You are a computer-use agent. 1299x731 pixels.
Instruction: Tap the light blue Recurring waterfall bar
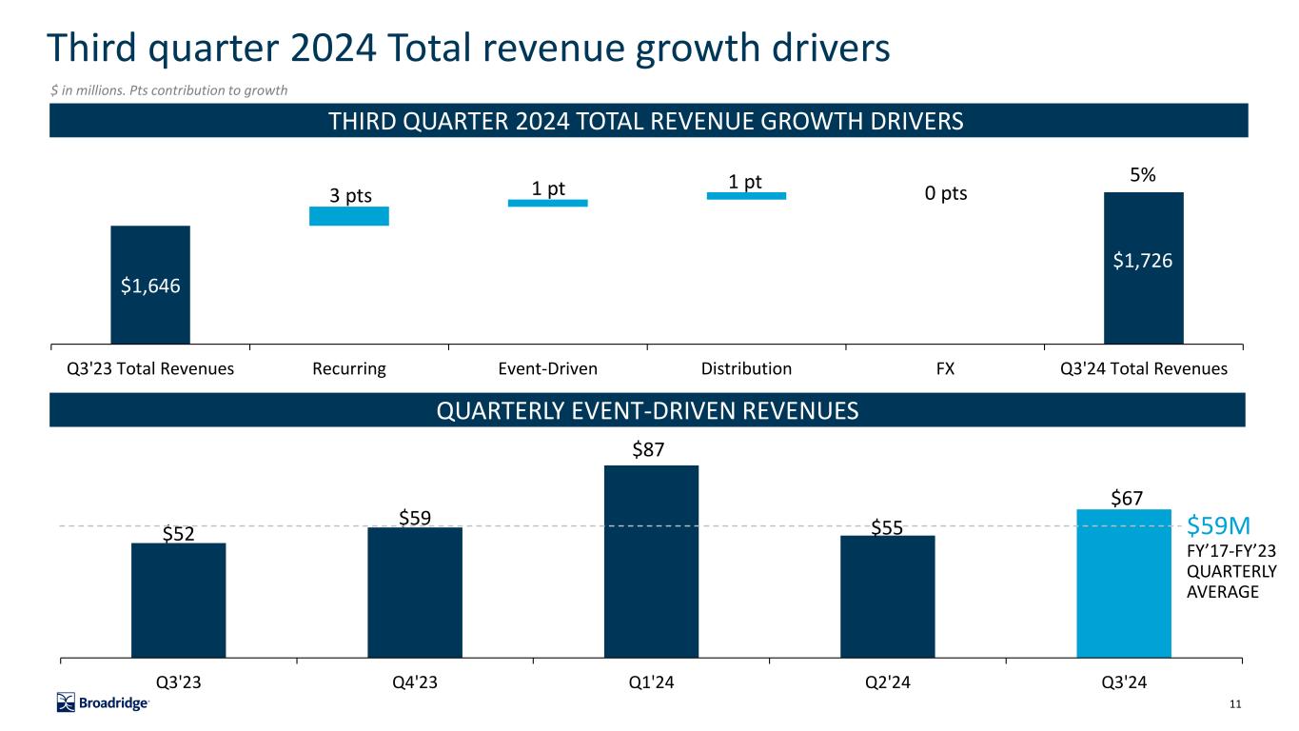[349, 216]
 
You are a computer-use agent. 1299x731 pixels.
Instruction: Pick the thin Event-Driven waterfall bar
[547, 203]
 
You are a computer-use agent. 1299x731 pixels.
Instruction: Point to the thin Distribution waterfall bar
[746, 196]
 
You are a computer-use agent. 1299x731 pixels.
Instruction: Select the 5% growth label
[1143, 176]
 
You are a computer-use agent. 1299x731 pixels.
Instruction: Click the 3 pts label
[350, 196]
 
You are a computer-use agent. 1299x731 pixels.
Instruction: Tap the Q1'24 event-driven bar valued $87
[651, 561]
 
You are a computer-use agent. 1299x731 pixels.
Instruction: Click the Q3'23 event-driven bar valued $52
[178, 600]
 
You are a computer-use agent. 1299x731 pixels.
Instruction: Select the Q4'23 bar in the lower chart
[415, 591]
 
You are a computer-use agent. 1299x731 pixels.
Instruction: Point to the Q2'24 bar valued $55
[887, 596]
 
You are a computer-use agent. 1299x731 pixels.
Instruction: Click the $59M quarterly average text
[1218, 525]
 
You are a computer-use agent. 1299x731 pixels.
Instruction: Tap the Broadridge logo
[103, 703]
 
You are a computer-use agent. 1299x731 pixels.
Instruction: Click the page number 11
[1236, 704]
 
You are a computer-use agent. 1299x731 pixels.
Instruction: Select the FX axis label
[944, 369]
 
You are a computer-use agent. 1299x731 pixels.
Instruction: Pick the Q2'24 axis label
[887, 682]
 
